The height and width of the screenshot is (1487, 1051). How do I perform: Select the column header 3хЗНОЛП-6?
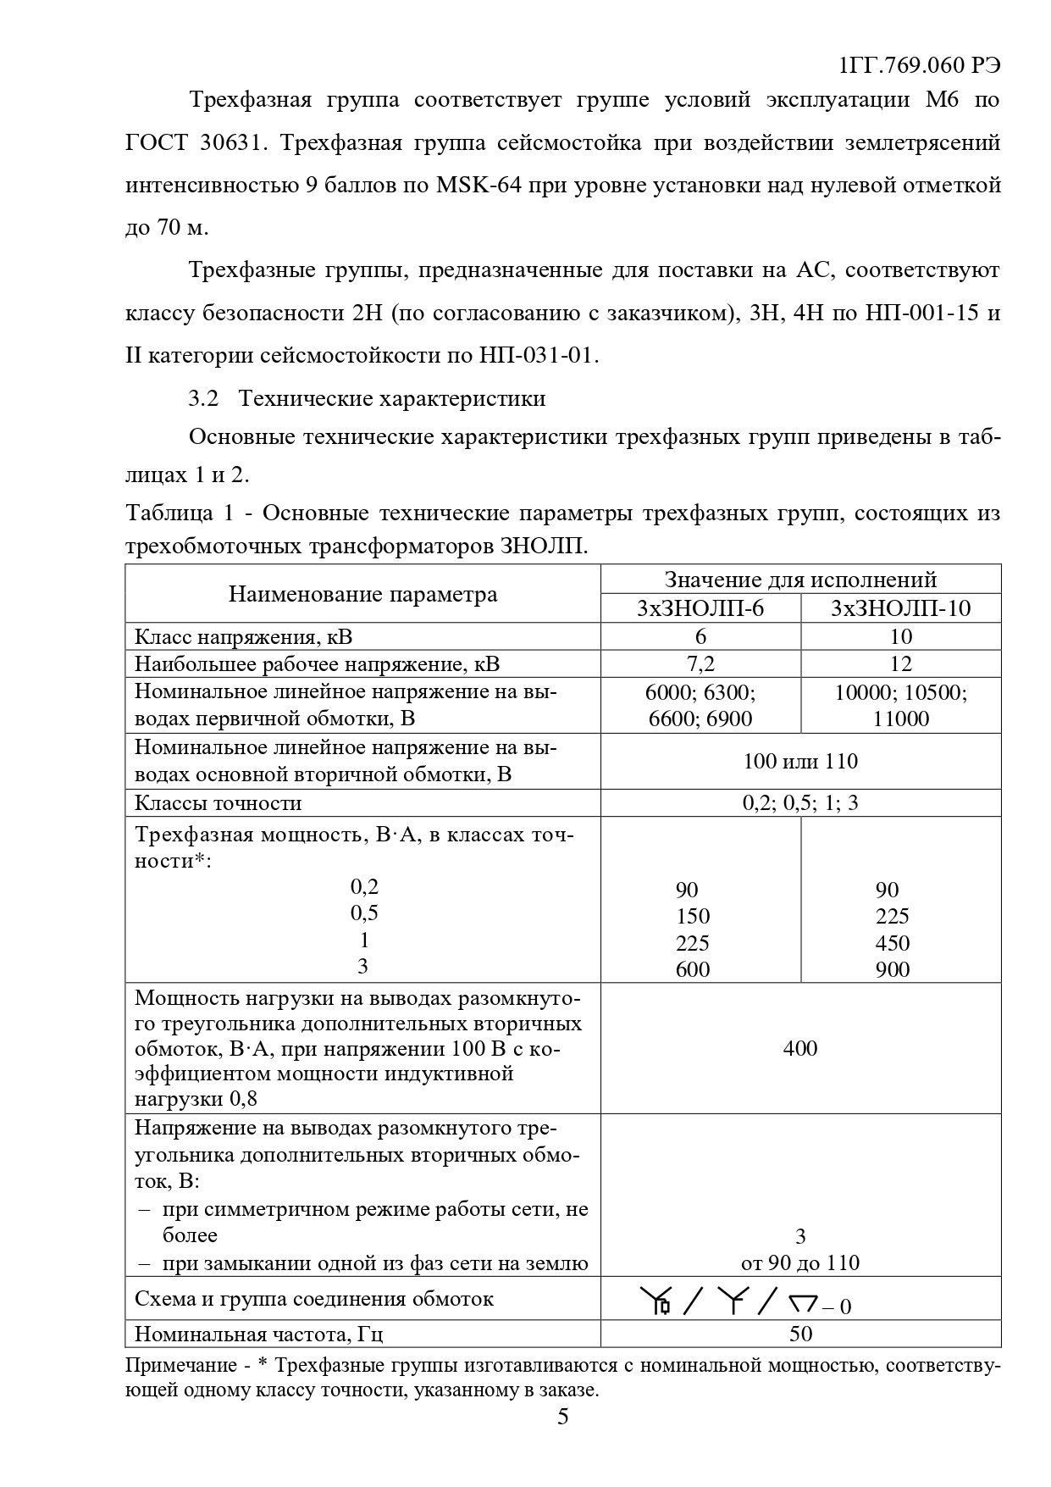click(700, 608)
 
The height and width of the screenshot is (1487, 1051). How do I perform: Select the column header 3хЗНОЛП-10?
click(900, 608)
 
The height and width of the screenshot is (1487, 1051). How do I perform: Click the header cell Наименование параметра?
click(362, 594)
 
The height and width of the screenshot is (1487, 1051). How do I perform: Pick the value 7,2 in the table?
click(700, 663)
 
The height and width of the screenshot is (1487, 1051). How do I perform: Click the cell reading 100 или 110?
click(799, 761)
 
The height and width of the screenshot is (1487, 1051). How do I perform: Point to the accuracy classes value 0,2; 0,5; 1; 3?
click(799, 802)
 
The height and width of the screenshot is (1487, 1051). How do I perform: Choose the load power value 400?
click(799, 1049)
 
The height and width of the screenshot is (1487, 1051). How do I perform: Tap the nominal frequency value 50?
click(799, 1334)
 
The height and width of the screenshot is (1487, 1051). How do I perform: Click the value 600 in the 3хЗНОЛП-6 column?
click(693, 969)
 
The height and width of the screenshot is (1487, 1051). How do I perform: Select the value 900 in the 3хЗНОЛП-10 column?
click(893, 969)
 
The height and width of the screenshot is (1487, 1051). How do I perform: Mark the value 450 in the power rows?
click(893, 943)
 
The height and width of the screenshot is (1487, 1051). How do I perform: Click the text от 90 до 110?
click(799, 1263)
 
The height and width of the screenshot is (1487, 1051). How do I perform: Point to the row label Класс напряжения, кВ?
click(243, 636)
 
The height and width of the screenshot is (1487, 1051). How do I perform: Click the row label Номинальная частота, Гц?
click(259, 1334)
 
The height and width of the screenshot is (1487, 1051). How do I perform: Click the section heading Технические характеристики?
click(392, 398)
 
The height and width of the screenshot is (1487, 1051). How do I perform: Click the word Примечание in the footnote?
click(181, 1365)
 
